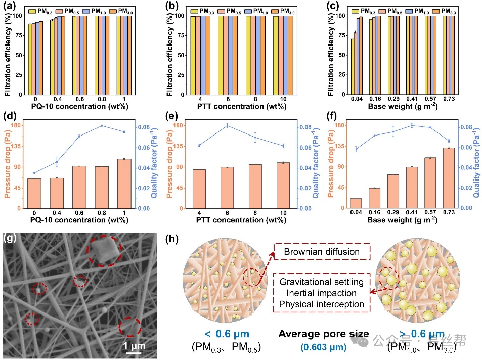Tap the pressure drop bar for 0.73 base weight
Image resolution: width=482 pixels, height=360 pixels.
446,177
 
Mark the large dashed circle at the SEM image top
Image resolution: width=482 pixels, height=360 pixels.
104,251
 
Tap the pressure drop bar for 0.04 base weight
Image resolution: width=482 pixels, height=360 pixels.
356,203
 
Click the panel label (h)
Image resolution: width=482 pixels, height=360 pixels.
172,238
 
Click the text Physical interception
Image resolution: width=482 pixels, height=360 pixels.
321,304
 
